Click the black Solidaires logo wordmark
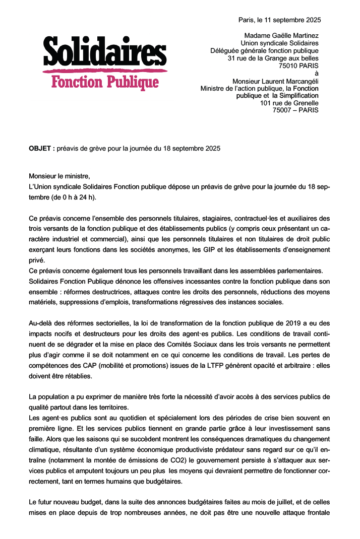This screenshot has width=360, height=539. (104, 52)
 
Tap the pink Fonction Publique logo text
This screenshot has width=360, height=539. (105, 82)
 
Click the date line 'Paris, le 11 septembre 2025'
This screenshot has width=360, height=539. (279, 20)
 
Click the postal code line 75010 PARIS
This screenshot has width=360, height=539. (298, 65)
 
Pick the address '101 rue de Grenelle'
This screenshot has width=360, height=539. (289, 103)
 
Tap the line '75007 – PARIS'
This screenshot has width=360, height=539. (295, 110)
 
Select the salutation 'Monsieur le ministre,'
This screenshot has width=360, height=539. (59, 176)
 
